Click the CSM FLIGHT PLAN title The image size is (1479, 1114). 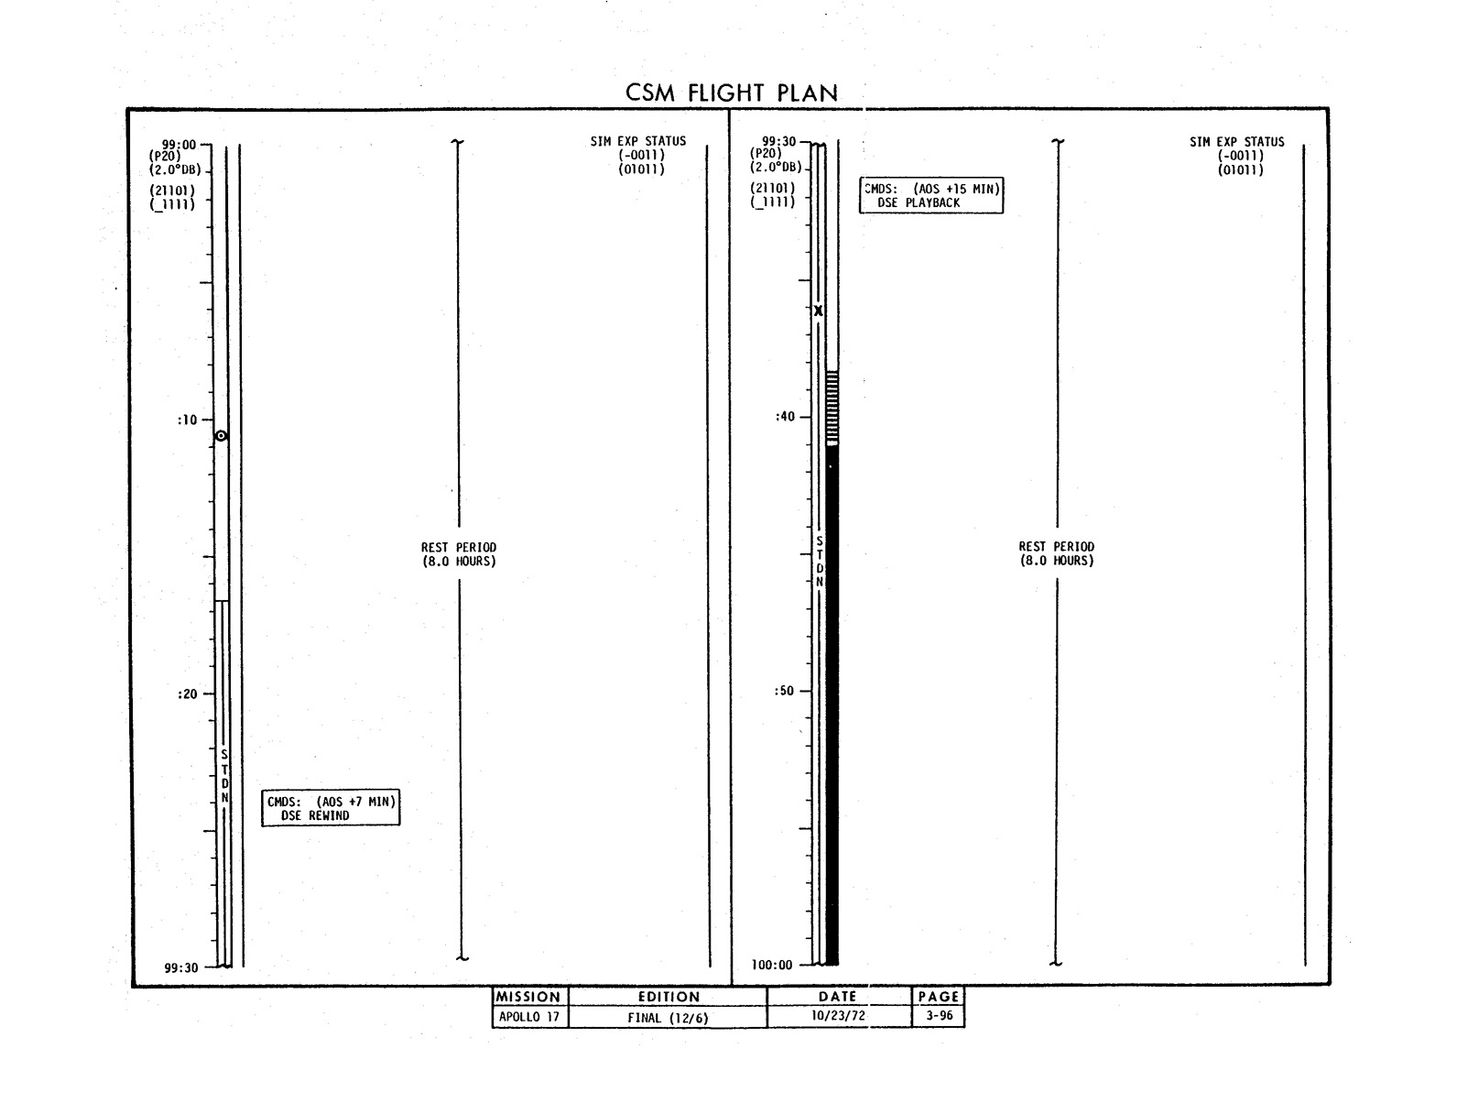point(731,93)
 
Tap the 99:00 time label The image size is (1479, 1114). point(179,144)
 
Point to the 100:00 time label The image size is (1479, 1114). point(771,965)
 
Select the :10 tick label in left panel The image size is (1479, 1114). point(188,420)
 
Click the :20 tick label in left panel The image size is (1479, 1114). point(188,694)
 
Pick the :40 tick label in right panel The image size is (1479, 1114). point(785,417)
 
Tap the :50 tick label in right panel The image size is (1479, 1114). point(784,691)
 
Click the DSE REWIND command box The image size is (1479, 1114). point(331,807)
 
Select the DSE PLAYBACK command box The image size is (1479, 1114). point(930,195)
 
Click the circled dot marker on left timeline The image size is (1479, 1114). point(221,436)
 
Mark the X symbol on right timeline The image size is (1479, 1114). point(818,311)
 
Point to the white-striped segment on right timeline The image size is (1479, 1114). point(832,408)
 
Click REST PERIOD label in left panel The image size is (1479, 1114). point(459,554)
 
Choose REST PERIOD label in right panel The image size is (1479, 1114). point(1056,553)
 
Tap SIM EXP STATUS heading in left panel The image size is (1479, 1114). point(638,141)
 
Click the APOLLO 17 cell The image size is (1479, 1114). point(529,1016)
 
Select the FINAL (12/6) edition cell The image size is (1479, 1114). point(668,1017)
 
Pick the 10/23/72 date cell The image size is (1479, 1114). point(838,1016)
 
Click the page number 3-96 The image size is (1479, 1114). point(940,1015)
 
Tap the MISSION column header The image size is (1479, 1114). point(528,997)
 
